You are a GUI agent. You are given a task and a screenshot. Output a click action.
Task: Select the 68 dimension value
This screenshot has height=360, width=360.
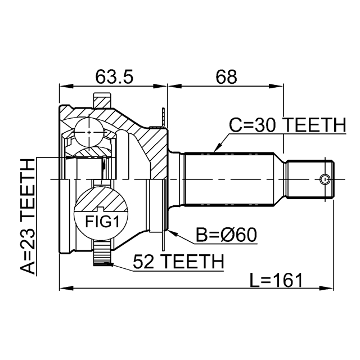click(225, 76)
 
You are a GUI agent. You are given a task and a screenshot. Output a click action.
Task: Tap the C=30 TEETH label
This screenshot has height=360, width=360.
click(287, 125)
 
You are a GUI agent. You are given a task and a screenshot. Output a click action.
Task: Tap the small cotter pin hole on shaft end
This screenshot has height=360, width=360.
click(324, 179)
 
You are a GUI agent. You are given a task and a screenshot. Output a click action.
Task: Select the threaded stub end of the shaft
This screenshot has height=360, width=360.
click(310, 179)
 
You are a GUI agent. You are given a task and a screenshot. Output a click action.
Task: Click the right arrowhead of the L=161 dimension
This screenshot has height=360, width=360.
click(331, 289)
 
